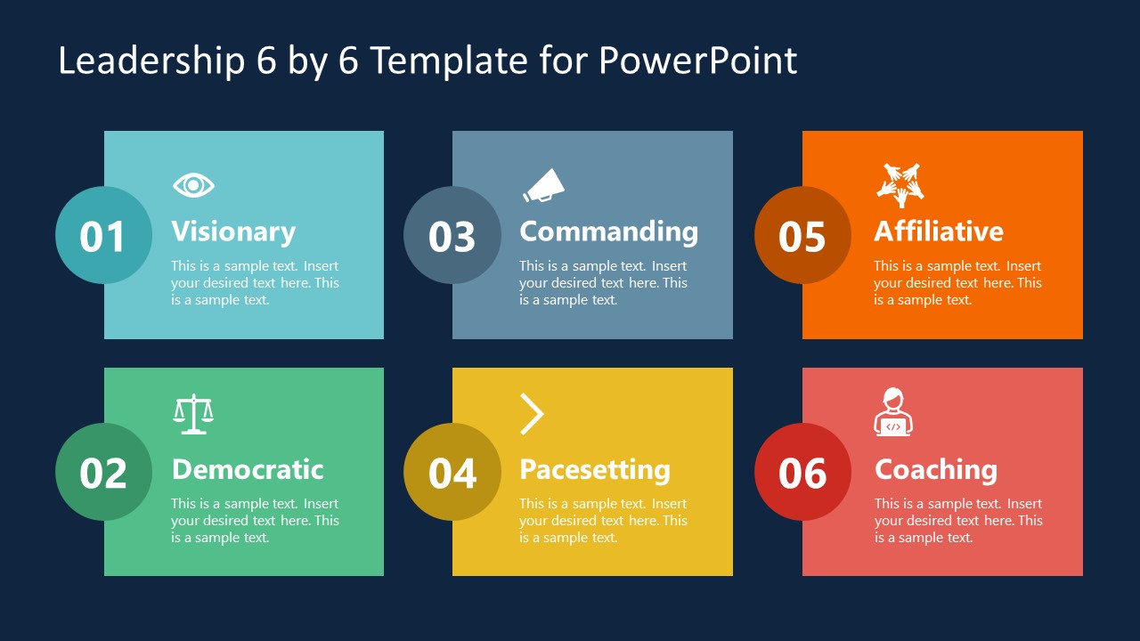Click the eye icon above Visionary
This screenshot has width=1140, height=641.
[x=193, y=185]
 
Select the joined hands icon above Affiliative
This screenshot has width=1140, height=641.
[x=900, y=184]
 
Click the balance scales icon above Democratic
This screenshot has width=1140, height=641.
[x=193, y=414]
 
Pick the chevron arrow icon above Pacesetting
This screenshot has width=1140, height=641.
[x=532, y=414]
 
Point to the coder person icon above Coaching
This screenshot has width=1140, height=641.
[x=892, y=412]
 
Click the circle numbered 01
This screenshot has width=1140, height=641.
[x=103, y=236]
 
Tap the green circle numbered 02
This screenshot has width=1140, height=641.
[x=103, y=472]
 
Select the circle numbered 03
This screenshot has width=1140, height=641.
[x=452, y=236]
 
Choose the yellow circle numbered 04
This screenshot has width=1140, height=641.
[x=452, y=472]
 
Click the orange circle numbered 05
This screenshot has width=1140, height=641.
[x=802, y=236]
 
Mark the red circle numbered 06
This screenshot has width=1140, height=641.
[x=802, y=472]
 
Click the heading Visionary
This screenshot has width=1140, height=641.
[x=233, y=231]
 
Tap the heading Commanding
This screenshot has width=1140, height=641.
[x=608, y=231]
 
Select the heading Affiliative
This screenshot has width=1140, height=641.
[x=938, y=231]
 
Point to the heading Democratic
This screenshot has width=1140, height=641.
[x=247, y=469]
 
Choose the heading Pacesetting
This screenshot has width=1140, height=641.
[x=594, y=469]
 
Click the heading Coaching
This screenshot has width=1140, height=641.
[x=935, y=469]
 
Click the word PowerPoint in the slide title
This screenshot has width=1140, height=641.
[x=697, y=61]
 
